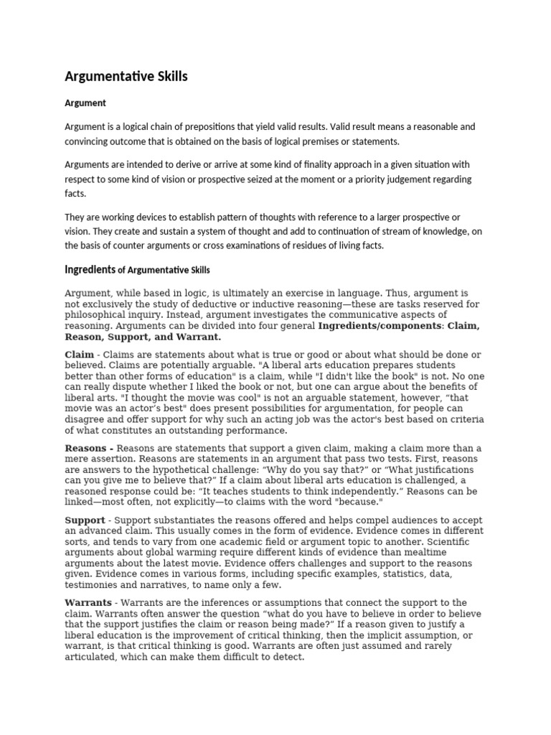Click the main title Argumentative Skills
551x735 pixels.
click(126, 76)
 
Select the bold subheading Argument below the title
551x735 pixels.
click(85, 103)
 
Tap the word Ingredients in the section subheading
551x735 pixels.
click(90, 270)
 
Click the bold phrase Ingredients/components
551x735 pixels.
click(380, 325)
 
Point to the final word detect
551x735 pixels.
click(289, 656)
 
